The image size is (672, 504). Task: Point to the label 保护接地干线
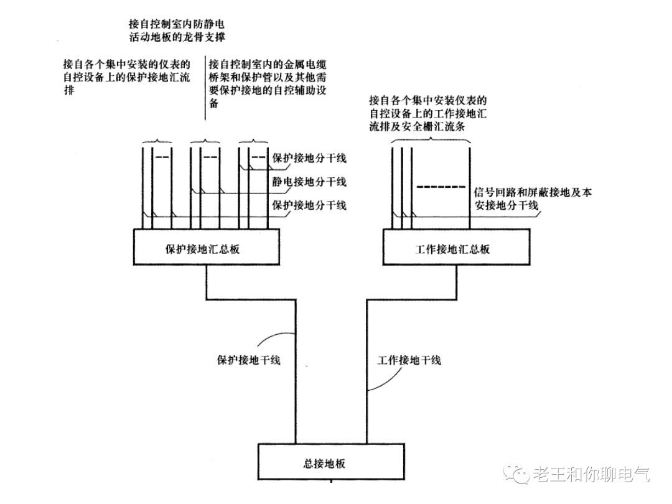(x=248, y=360)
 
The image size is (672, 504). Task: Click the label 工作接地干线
(x=409, y=360)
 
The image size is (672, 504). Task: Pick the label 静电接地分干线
(x=309, y=182)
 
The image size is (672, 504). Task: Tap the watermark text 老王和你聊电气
(x=590, y=475)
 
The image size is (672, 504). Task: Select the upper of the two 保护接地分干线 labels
(x=309, y=158)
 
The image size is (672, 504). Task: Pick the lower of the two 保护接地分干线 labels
(x=309, y=205)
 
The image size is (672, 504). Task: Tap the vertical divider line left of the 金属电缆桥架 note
(x=205, y=87)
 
